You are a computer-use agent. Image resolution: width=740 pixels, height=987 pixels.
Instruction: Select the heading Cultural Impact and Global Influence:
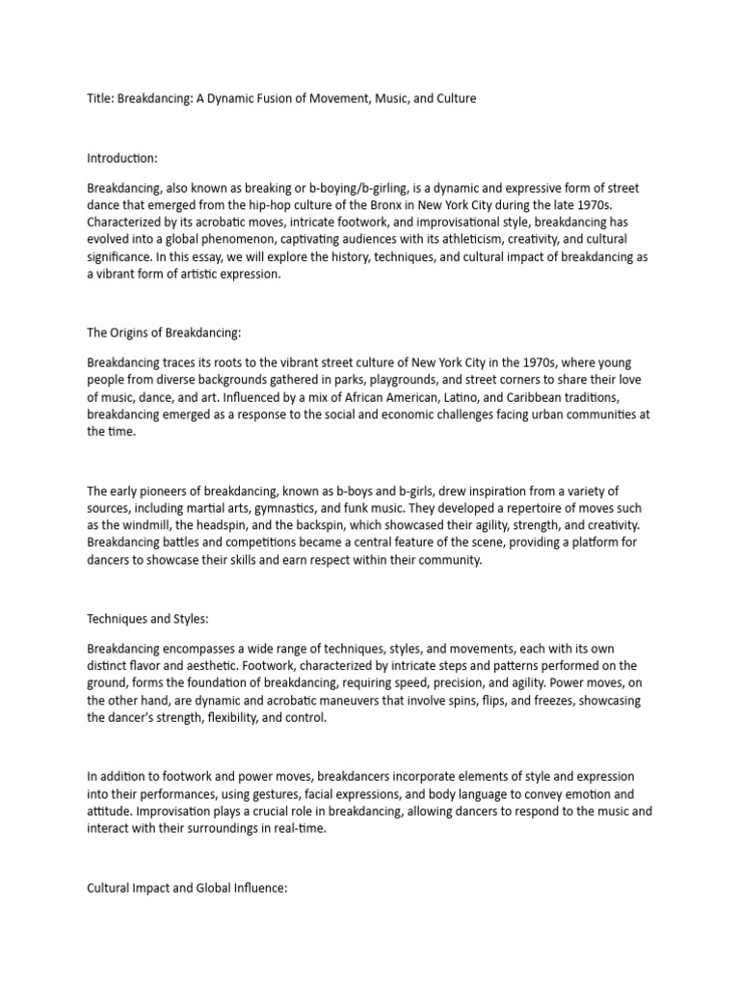[187, 888]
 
